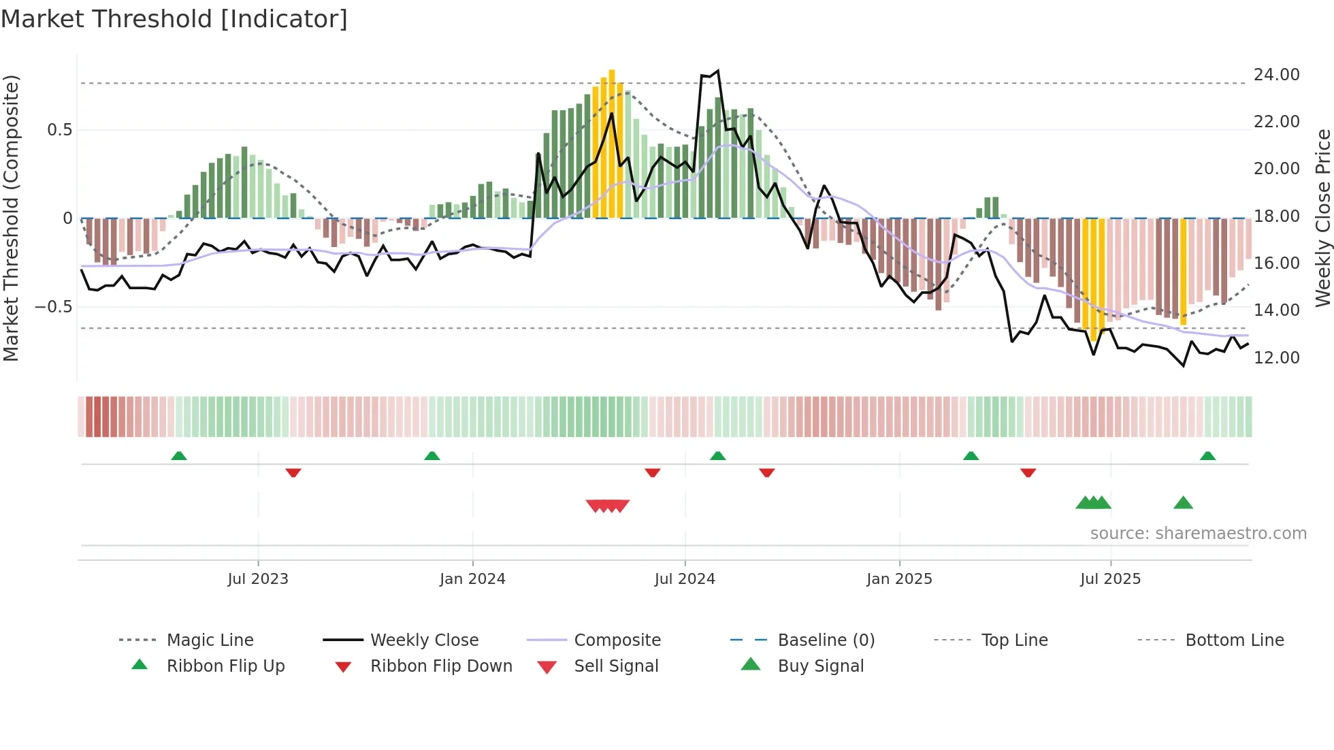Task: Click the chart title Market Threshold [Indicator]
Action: point(174,19)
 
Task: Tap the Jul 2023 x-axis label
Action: point(258,578)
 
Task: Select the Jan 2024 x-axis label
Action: point(472,578)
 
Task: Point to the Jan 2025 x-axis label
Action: point(899,578)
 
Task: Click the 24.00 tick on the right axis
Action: point(1276,74)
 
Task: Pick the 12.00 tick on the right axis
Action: point(1276,357)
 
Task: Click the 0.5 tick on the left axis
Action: point(59,129)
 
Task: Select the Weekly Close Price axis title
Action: point(1322,218)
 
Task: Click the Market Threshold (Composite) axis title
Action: point(11,218)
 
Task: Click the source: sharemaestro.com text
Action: point(1198,533)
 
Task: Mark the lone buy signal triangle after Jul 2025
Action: point(1183,503)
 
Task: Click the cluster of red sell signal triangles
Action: point(607,506)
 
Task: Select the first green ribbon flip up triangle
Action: point(179,455)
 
